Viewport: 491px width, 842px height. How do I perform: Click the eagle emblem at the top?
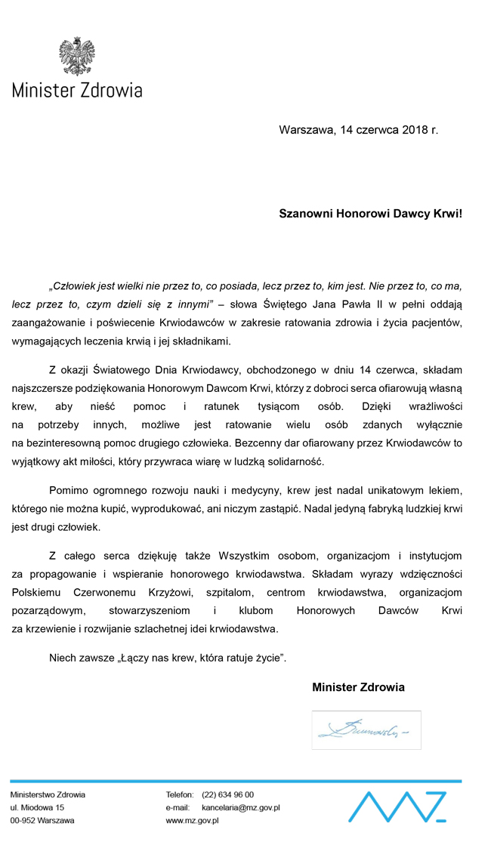(x=76, y=56)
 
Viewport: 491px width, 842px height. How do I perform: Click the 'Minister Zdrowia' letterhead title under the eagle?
(x=76, y=91)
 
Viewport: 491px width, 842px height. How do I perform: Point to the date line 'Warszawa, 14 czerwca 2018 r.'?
(x=358, y=130)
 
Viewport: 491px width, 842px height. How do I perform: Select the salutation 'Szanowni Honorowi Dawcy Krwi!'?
(x=370, y=214)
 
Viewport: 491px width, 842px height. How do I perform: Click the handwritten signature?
(x=365, y=730)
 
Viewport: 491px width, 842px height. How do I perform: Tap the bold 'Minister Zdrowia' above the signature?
(x=358, y=687)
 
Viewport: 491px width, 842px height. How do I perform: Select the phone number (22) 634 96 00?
(x=228, y=794)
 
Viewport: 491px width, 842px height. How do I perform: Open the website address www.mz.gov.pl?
(x=192, y=820)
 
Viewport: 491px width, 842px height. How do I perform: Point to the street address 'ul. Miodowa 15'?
(x=37, y=807)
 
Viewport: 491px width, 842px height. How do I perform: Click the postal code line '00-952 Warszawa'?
(x=42, y=820)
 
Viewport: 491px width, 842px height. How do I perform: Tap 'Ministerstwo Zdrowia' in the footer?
(x=48, y=794)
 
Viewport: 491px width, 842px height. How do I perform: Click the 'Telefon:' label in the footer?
(x=180, y=794)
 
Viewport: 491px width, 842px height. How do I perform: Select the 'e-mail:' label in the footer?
(x=178, y=807)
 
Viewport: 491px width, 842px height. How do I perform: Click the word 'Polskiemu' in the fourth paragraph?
(x=37, y=592)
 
